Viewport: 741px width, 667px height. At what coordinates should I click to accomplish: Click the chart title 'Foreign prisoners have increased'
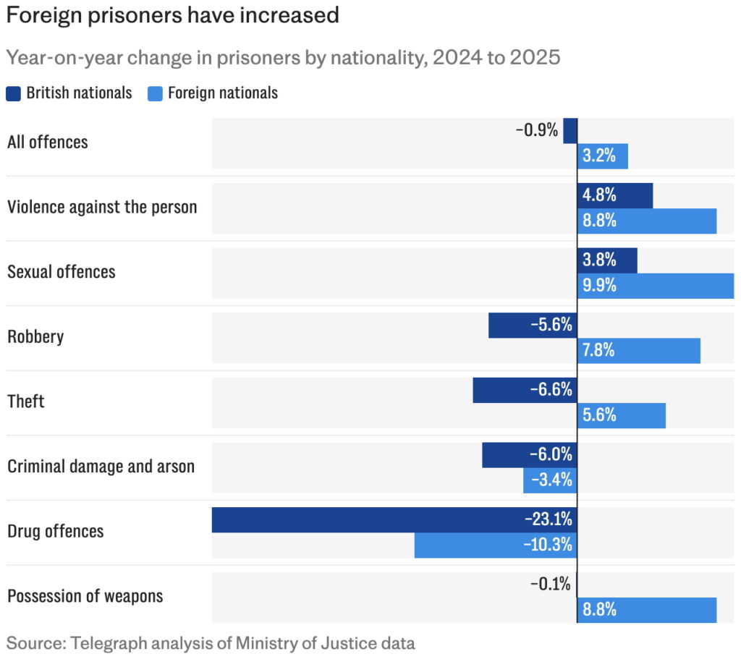(x=173, y=15)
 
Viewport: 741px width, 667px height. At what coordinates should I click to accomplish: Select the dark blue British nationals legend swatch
(x=14, y=93)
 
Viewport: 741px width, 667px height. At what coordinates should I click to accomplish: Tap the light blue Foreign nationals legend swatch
(x=155, y=93)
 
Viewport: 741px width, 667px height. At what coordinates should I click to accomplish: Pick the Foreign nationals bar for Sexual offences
(x=655, y=286)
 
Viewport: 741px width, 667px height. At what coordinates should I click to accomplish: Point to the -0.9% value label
(x=536, y=130)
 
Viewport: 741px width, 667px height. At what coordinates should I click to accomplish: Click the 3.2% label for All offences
(x=599, y=156)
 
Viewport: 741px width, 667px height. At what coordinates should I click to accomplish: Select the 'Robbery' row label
(x=35, y=336)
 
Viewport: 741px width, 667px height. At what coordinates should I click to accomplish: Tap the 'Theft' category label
(x=26, y=401)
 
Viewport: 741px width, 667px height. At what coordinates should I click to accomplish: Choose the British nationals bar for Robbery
(x=533, y=325)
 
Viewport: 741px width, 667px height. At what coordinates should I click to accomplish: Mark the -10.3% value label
(x=549, y=545)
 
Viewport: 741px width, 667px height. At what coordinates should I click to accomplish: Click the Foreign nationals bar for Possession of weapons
(x=646, y=610)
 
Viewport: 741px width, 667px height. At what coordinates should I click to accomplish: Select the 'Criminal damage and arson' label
(x=101, y=466)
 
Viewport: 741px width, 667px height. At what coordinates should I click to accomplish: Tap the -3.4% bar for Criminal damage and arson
(x=550, y=480)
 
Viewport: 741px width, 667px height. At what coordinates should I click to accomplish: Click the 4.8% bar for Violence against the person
(x=615, y=195)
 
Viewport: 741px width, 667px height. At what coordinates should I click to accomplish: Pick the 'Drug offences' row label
(x=55, y=531)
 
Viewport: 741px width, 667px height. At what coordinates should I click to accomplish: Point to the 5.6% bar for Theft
(x=621, y=415)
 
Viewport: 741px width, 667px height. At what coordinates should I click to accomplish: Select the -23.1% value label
(x=549, y=519)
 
